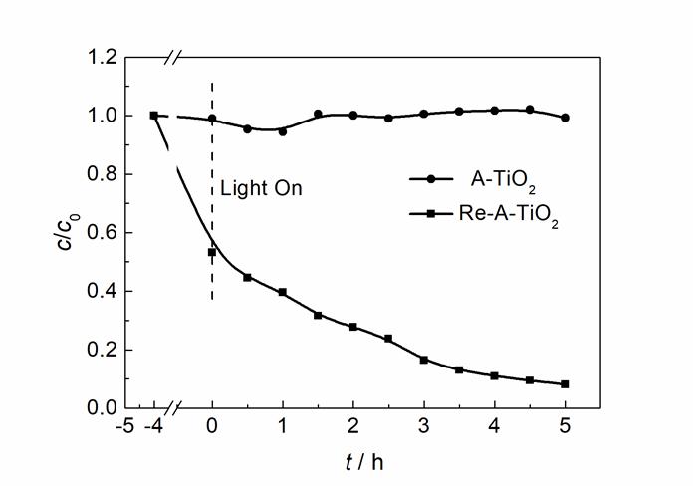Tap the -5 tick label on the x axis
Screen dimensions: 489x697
(124, 429)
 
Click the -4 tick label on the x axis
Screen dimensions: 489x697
(153, 429)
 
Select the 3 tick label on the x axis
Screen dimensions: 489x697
(423, 429)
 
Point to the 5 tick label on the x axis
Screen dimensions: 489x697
(565, 429)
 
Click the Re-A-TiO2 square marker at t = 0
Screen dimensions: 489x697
(212, 252)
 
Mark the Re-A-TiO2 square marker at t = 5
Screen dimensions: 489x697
(565, 384)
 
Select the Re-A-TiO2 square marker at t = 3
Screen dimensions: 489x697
(423, 360)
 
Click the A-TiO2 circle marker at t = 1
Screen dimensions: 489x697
(283, 131)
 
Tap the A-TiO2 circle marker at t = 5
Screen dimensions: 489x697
(565, 118)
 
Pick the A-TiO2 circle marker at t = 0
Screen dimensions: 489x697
(212, 119)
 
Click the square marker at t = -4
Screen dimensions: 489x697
(154, 116)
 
